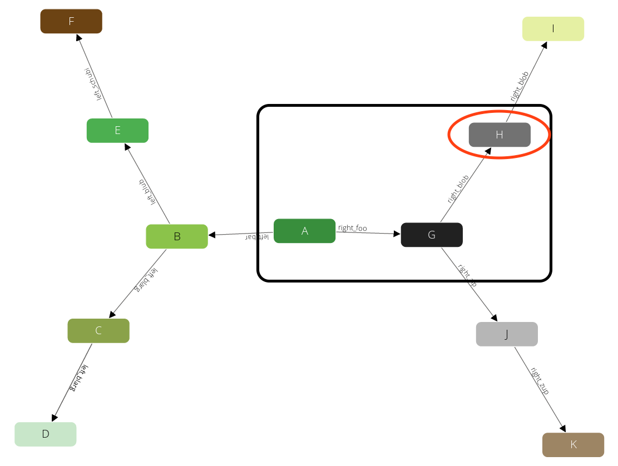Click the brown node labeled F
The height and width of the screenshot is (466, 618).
71,21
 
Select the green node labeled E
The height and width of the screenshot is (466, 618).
117,131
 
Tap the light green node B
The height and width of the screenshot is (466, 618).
177,236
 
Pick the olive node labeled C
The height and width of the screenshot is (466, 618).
98,331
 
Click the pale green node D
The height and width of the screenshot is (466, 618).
46,434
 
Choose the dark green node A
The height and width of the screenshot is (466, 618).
304,231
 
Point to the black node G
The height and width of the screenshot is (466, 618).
432,235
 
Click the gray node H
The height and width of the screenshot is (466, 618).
500,135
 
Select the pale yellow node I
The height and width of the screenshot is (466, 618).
553,29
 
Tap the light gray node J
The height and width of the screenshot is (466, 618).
507,334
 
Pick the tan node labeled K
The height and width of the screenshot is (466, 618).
573,445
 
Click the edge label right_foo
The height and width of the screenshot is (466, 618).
353,228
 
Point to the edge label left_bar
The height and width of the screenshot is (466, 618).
257,237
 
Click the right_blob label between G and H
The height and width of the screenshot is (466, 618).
458,189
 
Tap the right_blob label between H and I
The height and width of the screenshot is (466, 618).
520,86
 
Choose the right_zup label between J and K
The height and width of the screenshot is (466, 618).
539,381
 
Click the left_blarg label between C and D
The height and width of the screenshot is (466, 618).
78,378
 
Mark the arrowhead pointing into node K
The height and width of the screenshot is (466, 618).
563,429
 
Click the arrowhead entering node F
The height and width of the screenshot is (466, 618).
77,37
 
